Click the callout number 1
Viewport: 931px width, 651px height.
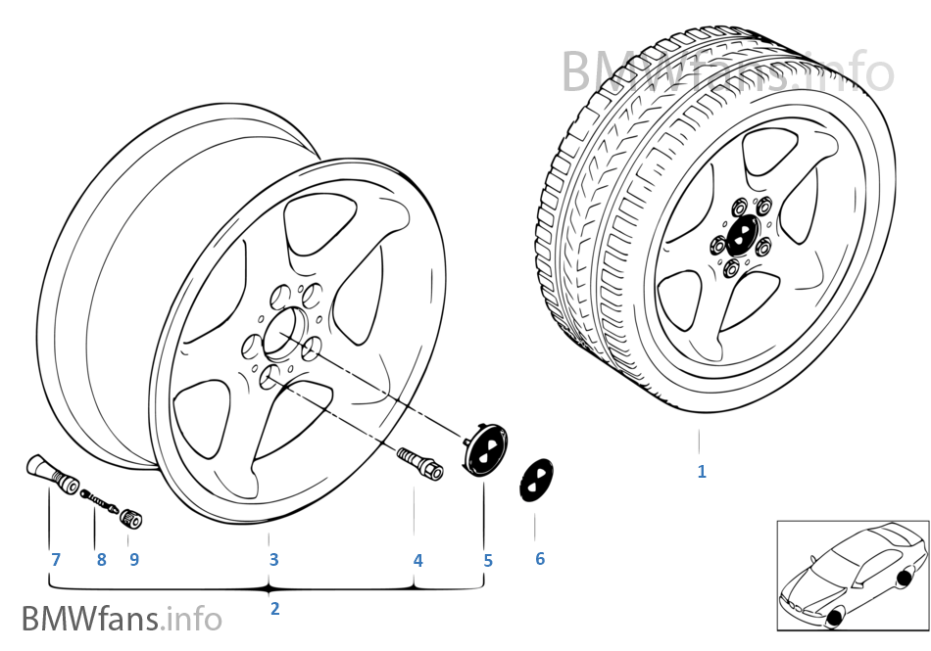point(701,471)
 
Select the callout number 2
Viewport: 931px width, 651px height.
point(274,608)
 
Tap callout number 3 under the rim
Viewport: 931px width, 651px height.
point(273,560)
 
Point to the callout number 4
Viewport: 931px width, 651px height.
point(417,561)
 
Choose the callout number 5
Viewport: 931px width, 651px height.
point(487,561)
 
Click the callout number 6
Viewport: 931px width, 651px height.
point(539,559)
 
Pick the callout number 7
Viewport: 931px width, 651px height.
point(56,560)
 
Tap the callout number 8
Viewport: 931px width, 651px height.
point(101,560)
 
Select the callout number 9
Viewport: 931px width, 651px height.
point(134,560)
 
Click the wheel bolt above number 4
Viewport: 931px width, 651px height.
point(418,463)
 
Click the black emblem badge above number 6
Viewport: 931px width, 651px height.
point(535,481)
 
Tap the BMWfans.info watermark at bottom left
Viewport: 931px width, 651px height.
point(122,619)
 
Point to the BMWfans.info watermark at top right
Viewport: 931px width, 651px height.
point(727,70)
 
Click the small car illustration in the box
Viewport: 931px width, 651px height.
point(852,572)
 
